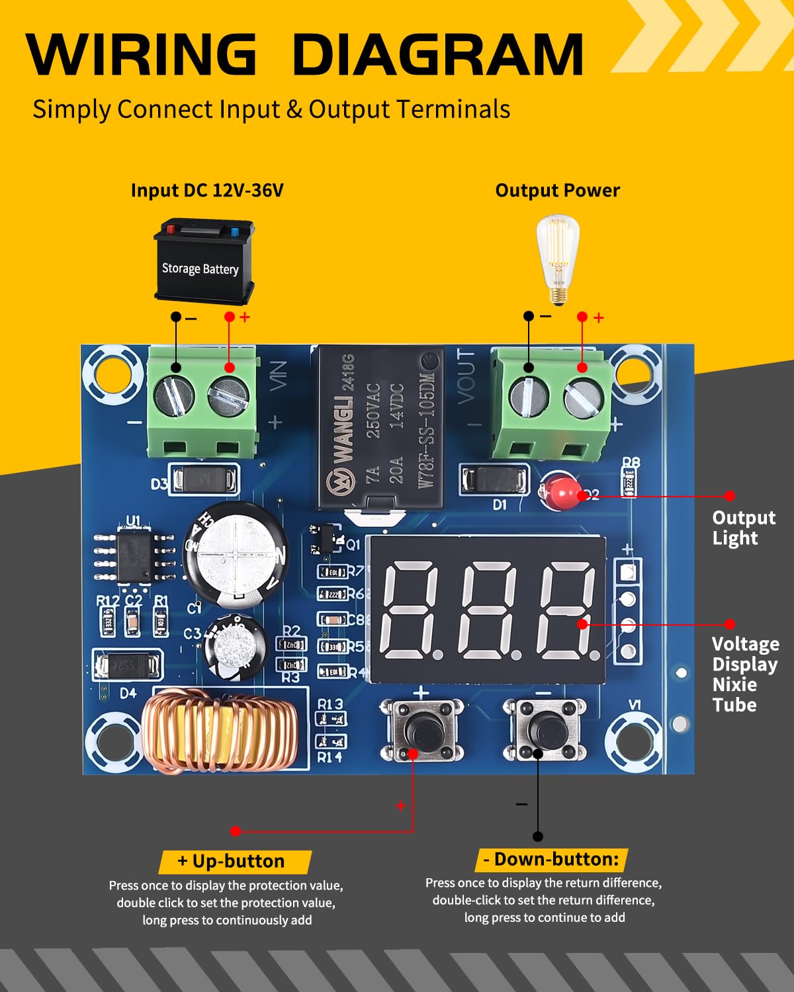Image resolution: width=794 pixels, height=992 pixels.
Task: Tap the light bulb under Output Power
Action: [557, 259]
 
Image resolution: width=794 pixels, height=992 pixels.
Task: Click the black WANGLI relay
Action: [380, 429]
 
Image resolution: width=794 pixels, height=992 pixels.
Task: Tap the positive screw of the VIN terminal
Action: [228, 397]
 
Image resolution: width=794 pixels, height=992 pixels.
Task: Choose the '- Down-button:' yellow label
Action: [551, 859]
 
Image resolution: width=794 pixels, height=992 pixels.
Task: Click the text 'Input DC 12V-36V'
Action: [207, 190]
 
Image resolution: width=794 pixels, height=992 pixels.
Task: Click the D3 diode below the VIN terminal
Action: [205, 479]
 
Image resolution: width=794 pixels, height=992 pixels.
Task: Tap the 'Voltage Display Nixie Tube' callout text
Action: [744, 674]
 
